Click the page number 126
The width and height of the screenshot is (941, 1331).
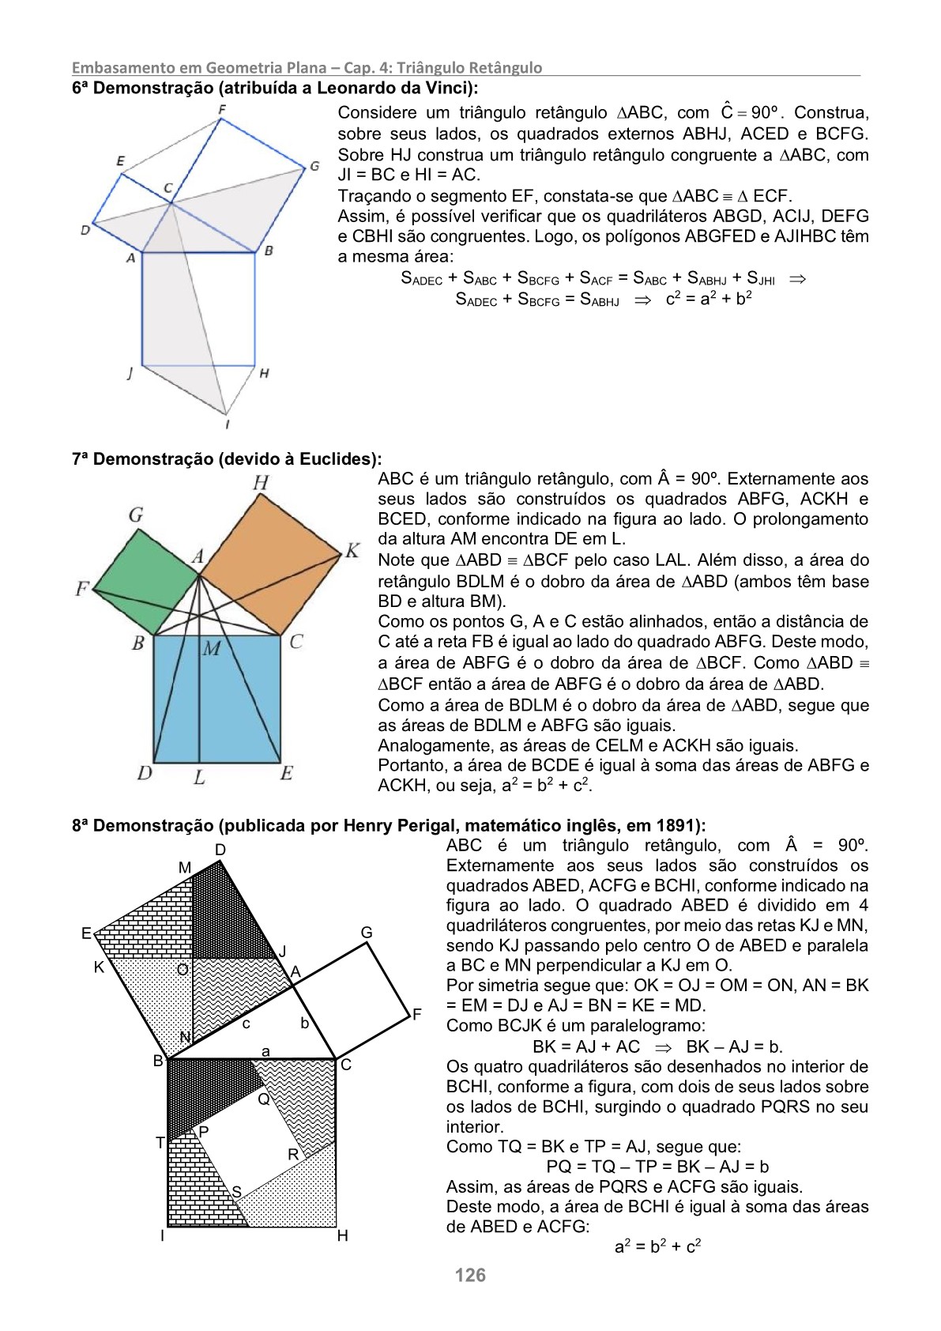click(x=470, y=1274)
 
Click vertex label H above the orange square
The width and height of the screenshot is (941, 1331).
click(x=260, y=481)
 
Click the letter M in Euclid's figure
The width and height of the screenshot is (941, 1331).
click(x=211, y=650)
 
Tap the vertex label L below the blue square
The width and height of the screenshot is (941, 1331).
click(x=200, y=777)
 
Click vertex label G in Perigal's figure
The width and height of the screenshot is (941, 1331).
click(x=367, y=933)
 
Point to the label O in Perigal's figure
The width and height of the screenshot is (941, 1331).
click(x=182, y=969)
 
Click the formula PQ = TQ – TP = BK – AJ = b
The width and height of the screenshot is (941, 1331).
click(x=657, y=1167)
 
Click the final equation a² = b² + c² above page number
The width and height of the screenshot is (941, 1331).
click(x=658, y=1246)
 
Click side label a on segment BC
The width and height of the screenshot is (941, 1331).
click(x=265, y=1051)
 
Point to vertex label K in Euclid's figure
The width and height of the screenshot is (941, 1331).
click(x=352, y=550)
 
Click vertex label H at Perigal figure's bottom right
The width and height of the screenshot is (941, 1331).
click(x=342, y=1235)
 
